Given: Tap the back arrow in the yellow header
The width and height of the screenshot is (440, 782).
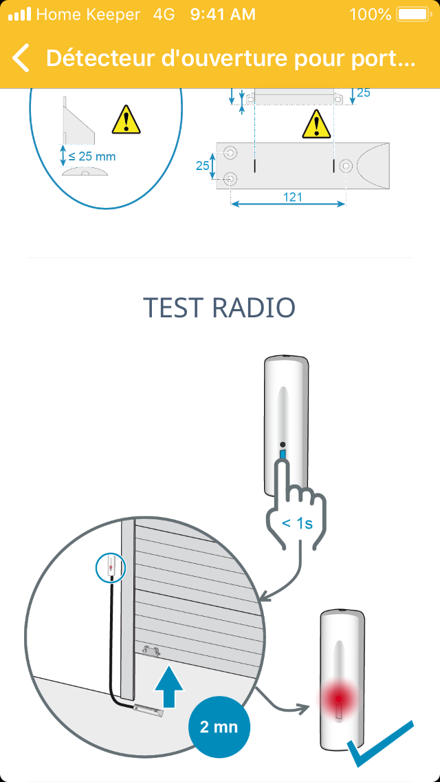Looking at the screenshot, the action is [x=21, y=58].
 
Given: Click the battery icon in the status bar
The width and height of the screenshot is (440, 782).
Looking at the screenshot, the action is [x=413, y=14].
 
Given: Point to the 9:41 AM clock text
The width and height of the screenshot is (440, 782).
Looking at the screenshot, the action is [x=223, y=14].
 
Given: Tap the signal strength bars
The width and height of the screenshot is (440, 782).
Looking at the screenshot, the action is [x=19, y=14].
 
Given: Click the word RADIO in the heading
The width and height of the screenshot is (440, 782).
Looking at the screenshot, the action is [x=254, y=308].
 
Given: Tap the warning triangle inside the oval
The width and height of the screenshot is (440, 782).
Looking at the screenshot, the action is [x=126, y=120].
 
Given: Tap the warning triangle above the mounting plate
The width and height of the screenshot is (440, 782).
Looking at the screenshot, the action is [x=316, y=124].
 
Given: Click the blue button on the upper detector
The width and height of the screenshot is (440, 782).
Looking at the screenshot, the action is [x=283, y=456].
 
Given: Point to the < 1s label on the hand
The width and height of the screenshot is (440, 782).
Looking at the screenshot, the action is [x=297, y=524].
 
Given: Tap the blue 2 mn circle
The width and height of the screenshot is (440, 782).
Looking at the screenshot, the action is [x=219, y=727].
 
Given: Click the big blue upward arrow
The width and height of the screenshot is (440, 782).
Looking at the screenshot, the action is [x=169, y=685].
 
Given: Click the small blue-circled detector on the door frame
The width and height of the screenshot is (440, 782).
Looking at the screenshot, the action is [x=111, y=567].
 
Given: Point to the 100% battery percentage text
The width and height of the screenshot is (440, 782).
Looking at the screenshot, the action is [x=371, y=14].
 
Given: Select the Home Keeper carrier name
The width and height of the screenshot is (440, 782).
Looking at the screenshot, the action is [x=88, y=14].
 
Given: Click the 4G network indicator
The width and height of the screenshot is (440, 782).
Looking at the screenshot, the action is [x=164, y=14].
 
